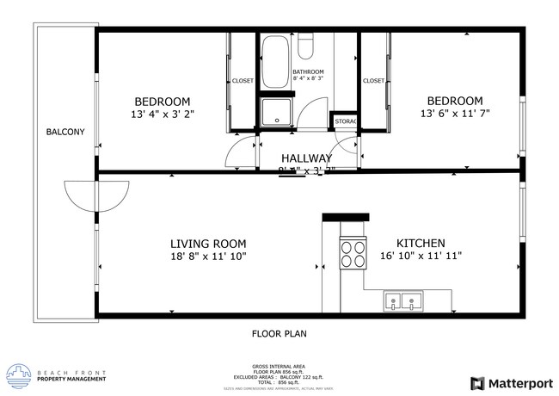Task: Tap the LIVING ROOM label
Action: point(208,243)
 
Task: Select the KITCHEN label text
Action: point(420,243)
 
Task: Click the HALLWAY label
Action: point(306,158)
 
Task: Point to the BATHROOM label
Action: point(308,71)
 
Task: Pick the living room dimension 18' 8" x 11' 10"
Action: point(208,257)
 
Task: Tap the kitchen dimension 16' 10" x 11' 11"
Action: point(421,257)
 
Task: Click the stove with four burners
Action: point(352,254)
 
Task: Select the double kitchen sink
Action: point(404,301)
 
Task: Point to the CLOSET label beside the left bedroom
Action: point(243,81)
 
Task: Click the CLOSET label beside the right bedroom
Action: point(373,81)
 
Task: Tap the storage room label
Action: point(346,121)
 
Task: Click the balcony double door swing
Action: point(81,197)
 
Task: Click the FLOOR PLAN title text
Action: point(279,332)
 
